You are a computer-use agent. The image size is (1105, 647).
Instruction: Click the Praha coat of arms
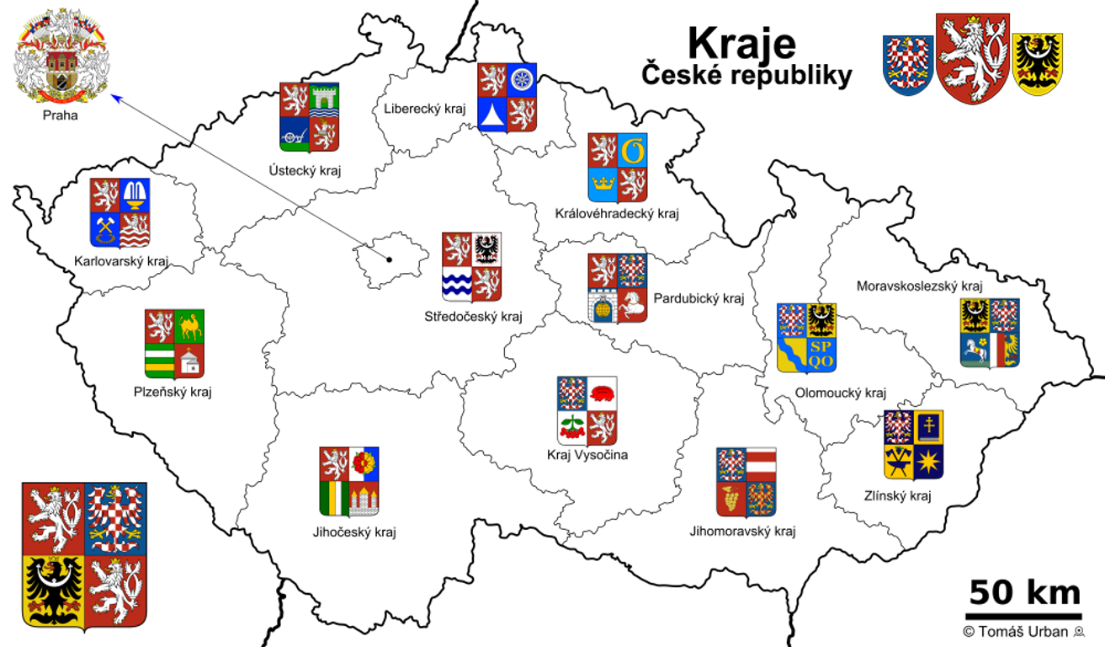tap(61, 57)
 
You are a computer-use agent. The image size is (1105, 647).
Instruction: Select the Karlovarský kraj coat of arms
tap(120, 212)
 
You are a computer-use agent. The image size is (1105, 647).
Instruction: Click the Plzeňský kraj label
tap(173, 392)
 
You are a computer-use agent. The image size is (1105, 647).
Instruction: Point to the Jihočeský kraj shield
tap(348, 481)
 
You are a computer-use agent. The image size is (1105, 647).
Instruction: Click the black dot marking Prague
tap(390, 259)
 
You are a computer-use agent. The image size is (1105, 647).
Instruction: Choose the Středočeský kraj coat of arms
tap(471, 266)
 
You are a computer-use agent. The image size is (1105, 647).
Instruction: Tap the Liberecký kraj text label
tap(424, 109)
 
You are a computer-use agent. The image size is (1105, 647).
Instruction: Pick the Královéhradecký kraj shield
tap(617, 167)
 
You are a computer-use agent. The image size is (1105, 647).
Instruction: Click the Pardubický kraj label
tap(699, 298)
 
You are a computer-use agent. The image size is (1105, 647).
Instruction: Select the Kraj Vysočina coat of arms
tap(587, 410)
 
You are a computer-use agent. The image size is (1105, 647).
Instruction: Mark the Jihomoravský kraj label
tap(742, 532)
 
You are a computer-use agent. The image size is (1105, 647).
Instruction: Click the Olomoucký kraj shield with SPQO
tap(806, 338)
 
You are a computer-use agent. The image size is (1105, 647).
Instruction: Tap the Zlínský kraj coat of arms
tap(913, 444)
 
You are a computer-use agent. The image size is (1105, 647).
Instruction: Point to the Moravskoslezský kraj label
tap(920, 286)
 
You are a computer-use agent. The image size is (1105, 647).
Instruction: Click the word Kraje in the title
tap(741, 42)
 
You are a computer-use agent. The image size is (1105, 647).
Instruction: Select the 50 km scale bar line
tap(1023, 617)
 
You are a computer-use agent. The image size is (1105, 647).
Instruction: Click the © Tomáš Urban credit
tap(1023, 632)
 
